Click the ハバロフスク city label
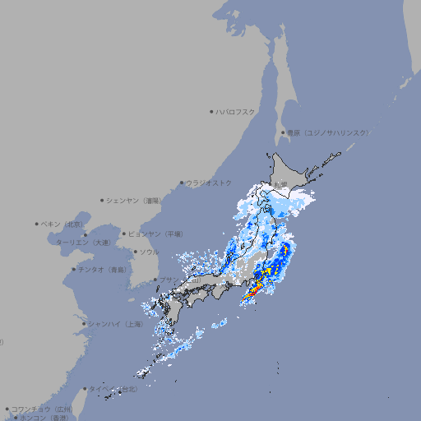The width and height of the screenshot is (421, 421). point(237,111)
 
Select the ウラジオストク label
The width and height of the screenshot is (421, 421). point(209,183)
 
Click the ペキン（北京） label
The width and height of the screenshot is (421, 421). point(62,224)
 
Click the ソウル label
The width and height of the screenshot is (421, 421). point(149,252)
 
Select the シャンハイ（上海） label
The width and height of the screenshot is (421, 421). point(115,324)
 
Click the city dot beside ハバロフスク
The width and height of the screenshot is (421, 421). point(211,111)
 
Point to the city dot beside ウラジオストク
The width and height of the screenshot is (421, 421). point(182,183)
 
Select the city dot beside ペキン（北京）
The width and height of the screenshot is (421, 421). point(37,224)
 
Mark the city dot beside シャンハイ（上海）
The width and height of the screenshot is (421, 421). point(84,324)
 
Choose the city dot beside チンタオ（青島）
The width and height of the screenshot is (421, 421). point(73,269)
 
